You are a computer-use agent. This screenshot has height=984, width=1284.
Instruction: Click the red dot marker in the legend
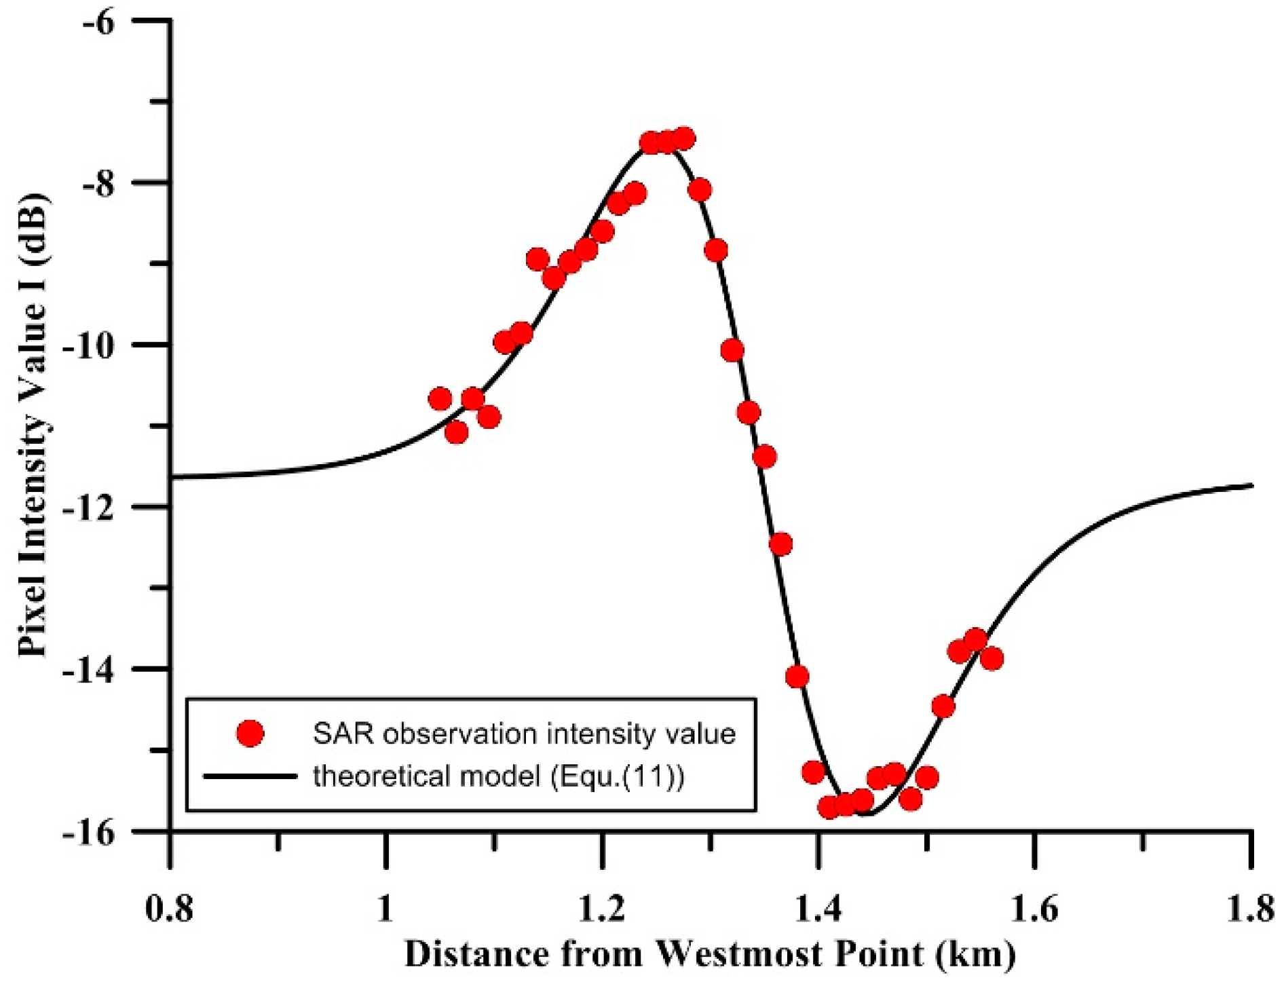pos(250,733)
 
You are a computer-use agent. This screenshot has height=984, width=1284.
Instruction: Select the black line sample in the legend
pos(250,776)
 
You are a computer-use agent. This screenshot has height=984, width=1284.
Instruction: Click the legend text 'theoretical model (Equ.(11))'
pos(499,776)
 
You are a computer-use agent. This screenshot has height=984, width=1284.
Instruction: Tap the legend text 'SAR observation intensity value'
pos(524,734)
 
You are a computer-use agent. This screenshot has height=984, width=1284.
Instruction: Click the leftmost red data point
pos(440,399)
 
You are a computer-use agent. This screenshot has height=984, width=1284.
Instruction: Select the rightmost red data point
pos(992,658)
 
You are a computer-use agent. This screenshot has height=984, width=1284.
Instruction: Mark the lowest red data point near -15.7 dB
pos(829,808)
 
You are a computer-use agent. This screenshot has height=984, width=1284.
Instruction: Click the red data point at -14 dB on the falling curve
pos(797,677)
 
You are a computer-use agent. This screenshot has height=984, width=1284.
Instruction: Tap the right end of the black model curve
pos(1251,485)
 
